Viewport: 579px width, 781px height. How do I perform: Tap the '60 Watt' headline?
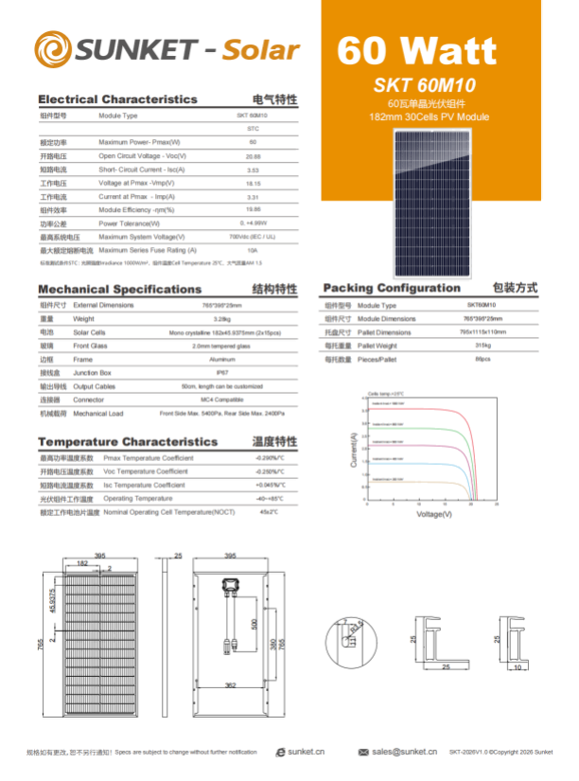point(416,48)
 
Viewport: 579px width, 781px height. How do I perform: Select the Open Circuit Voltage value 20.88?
point(253,155)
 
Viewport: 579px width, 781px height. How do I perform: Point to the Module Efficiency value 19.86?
point(253,209)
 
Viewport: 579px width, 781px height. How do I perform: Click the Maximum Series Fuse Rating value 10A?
point(253,250)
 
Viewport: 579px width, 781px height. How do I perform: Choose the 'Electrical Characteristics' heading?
point(117,99)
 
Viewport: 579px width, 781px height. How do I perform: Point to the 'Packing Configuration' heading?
point(392,288)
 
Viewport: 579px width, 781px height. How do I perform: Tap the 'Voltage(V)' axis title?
point(434,513)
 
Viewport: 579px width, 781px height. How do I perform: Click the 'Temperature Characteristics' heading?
point(128,442)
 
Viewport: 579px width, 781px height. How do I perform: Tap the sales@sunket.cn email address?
point(406,752)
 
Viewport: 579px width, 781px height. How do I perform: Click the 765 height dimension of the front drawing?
point(41,644)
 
